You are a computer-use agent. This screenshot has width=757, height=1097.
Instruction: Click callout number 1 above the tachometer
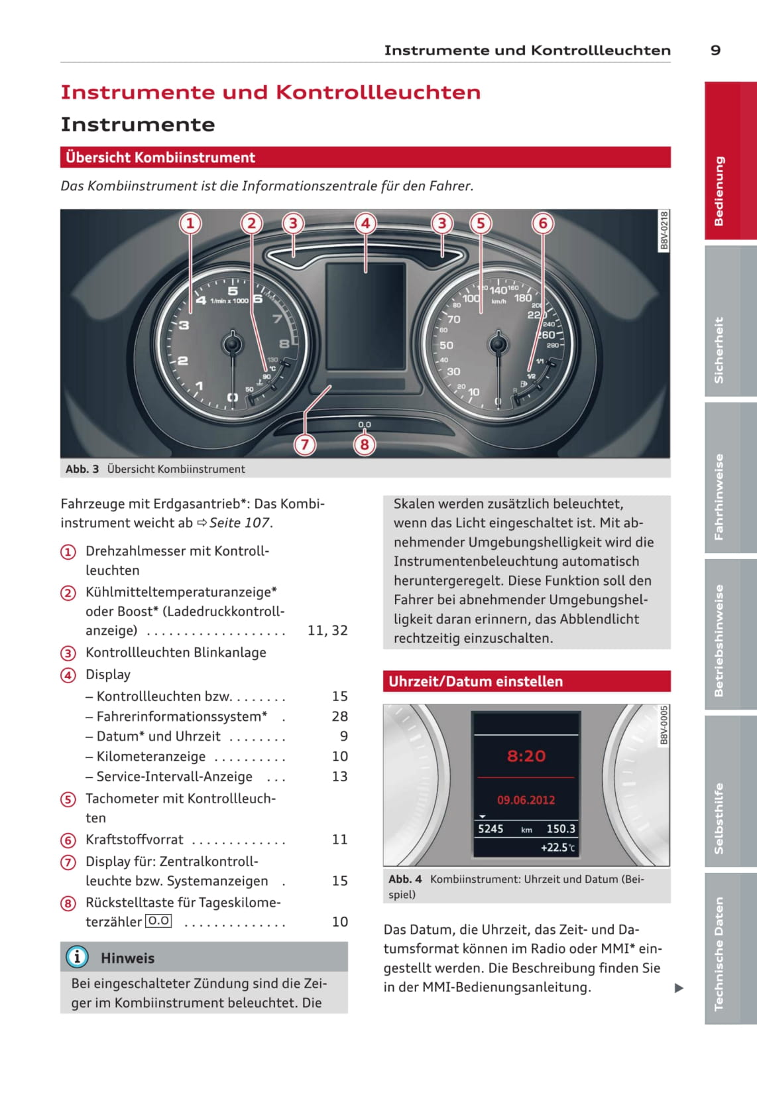click(x=190, y=223)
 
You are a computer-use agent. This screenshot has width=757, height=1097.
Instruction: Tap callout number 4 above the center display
click(x=365, y=223)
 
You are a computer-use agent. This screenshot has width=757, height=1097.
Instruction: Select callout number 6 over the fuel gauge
click(x=543, y=223)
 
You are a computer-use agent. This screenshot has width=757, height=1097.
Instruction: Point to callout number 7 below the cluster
click(x=305, y=444)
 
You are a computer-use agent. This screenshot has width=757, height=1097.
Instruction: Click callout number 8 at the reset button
click(x=364, y=444)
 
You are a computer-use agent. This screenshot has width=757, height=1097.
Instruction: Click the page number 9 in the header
click(x=715, y=50)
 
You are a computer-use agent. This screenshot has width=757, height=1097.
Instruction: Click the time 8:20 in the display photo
click(x=526, y=756)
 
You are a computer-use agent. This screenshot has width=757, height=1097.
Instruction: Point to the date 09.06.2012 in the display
click(x=526, y=800)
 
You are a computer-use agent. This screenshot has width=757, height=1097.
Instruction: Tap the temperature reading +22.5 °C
click(x=557, y=848)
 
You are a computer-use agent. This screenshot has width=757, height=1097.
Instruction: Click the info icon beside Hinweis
click(x=77, y=957)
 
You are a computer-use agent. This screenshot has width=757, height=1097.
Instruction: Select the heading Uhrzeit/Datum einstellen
click(x=475, y=681)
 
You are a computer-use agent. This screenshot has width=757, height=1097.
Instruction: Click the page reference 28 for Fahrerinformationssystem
click(x=339, y=716)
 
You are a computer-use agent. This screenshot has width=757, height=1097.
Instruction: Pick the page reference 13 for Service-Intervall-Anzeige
click(x=339, y=776)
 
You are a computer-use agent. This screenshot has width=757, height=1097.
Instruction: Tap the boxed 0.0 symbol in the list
click(x=158, y=921)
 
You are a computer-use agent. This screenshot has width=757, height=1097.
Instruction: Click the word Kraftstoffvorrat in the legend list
click(x=135, y=840)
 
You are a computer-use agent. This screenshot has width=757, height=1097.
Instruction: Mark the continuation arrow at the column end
click(x=679, y=988)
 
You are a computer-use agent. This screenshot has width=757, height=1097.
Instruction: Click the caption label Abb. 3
click(x=82, y=469)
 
